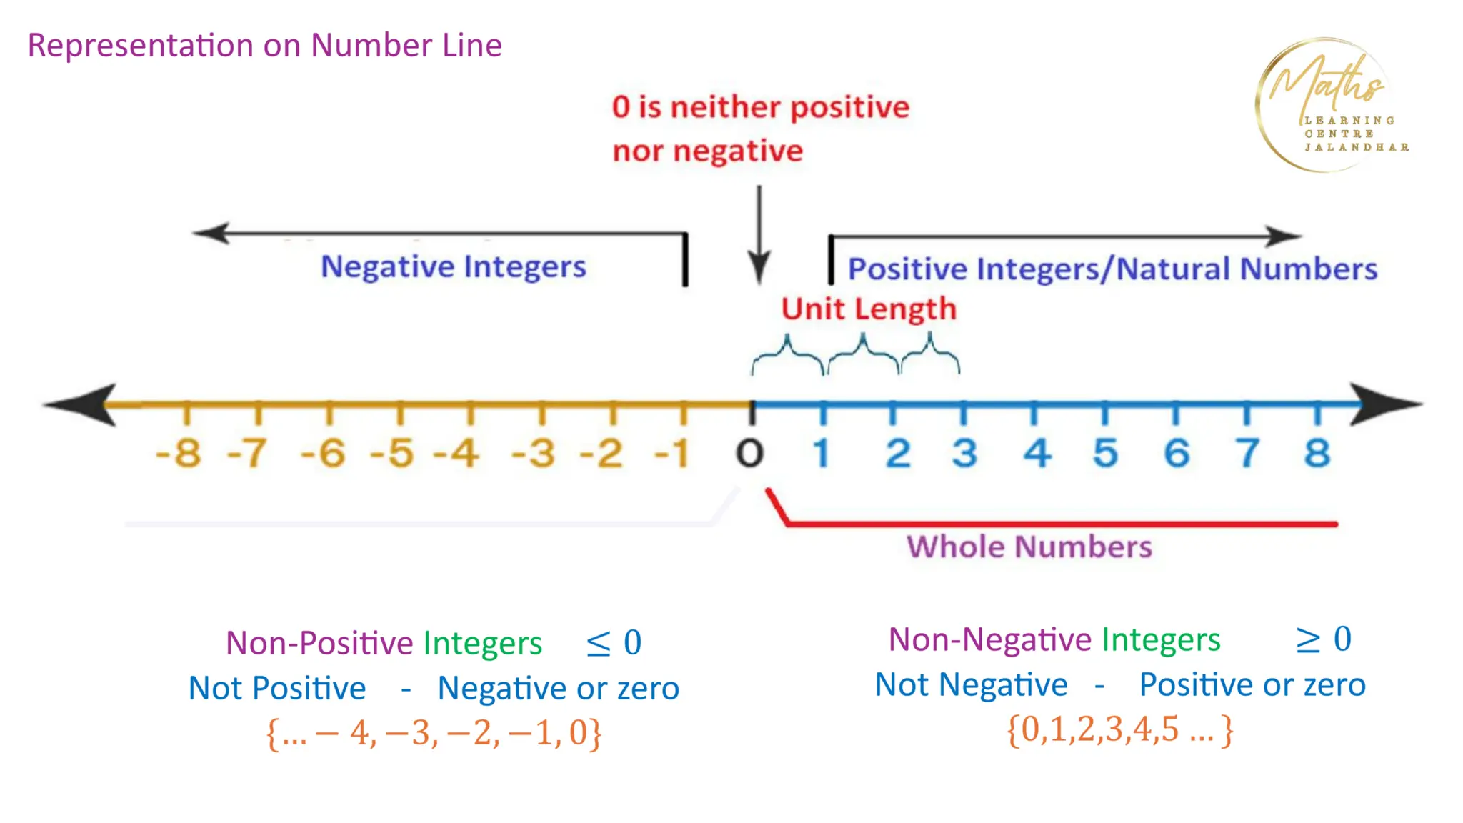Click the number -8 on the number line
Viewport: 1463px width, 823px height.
[179, 453]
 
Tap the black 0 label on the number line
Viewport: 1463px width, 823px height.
[750, 453]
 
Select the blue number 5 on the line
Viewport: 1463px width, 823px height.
[1105, 453]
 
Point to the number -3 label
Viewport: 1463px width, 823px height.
[534, 453]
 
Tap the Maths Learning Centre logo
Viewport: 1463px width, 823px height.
[1329, 106]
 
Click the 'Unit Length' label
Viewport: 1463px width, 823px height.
[869, 309]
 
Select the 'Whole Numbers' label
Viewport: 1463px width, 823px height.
[1029, 547]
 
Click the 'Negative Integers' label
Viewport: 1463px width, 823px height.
[453, 267]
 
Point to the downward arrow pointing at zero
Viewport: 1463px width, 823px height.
[759, 236]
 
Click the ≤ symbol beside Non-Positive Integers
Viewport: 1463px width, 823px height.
[598, 643]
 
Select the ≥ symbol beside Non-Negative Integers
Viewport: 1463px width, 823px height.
[1308, 640]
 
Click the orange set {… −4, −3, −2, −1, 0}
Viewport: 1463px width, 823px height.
[434, 733]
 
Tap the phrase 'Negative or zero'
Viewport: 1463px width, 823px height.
[558, 689]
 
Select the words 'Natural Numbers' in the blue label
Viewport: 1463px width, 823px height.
[1247, 269]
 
